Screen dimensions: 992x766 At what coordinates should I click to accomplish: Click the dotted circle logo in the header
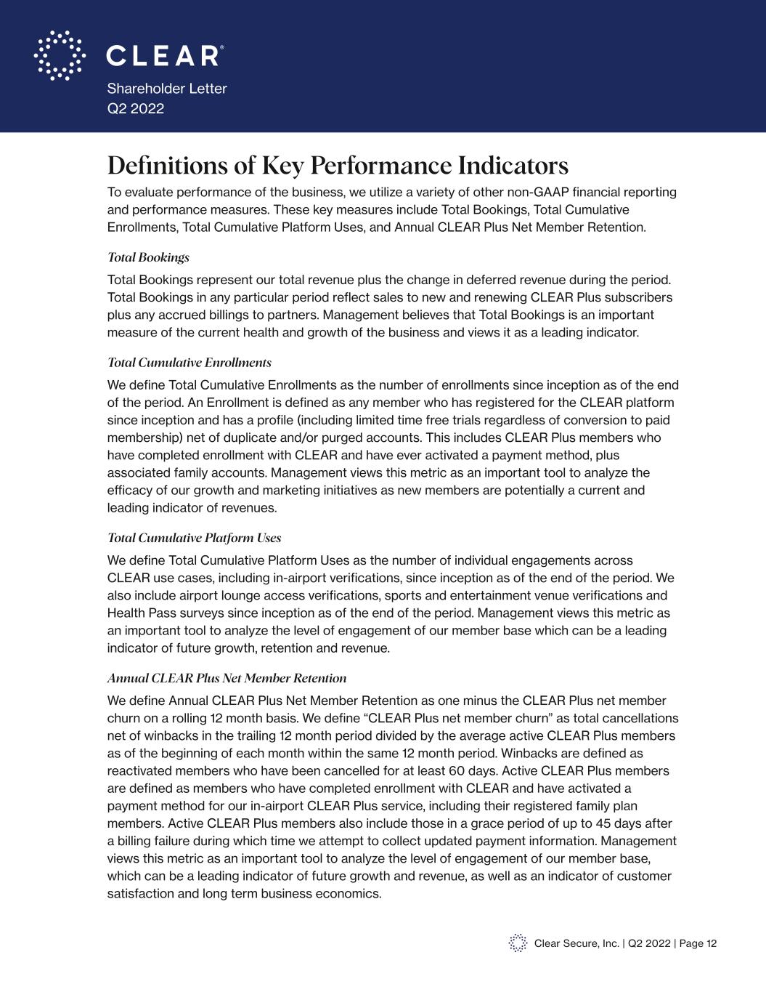(59, 55)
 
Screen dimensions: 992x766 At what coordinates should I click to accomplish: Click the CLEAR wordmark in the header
(164, 55)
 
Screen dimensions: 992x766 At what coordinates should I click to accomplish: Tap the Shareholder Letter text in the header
(167, 89)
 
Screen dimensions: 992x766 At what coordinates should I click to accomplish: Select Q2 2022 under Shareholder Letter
(136, 109)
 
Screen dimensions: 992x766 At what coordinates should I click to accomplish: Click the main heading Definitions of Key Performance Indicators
(338, 166)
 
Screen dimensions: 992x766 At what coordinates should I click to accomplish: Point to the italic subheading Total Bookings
(148, 257)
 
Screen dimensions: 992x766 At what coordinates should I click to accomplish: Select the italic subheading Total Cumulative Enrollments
(190, 363)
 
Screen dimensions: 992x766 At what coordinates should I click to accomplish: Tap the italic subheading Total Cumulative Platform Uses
(194, 538)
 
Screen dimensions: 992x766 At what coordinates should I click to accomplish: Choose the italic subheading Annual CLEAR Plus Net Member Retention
(227, 678)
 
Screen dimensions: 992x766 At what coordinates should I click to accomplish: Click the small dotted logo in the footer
(518, 943)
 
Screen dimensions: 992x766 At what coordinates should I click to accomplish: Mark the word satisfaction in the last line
(140, 893)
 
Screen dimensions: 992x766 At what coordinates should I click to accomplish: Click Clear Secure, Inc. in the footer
(576, 943)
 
